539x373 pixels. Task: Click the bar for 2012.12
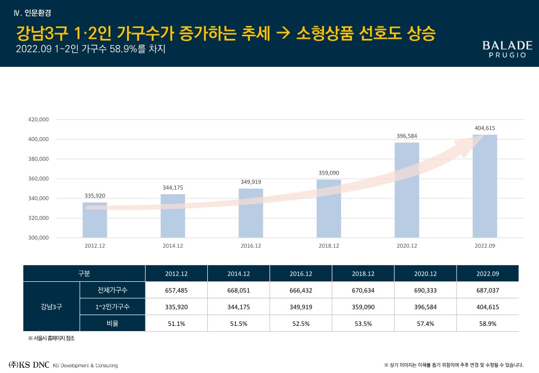(x=95, y=220)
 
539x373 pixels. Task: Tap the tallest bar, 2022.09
(x=485, y=187)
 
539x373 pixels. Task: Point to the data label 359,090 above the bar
(x=329, y=173)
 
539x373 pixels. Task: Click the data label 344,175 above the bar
(x=173, y=188)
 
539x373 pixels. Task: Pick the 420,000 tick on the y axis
(x=37, y=120)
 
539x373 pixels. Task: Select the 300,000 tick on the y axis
(x=37, y=238)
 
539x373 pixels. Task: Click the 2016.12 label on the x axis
(x=251, y=246)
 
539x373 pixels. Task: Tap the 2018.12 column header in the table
(x=363, y=273)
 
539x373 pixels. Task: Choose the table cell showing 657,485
(x=176, y=291)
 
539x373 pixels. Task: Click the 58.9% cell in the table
(x=488, y=323)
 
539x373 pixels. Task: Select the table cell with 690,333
(x=425, y=291)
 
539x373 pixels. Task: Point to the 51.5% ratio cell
(x=238, y=323)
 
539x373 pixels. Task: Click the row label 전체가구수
(x=112, y=291)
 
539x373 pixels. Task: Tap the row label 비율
(x=112, y=323)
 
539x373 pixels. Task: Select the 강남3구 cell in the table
(x=51, y=307)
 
